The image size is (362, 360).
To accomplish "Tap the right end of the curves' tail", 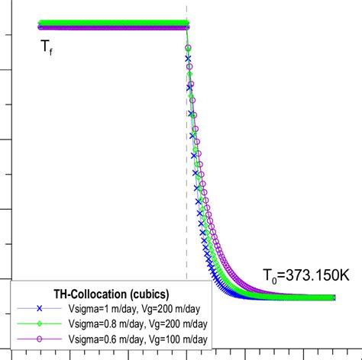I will [x=334, y=297].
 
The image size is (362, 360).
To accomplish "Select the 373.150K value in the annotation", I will [x=318, y=275].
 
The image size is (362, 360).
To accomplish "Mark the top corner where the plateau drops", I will [x=187, y=25].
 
